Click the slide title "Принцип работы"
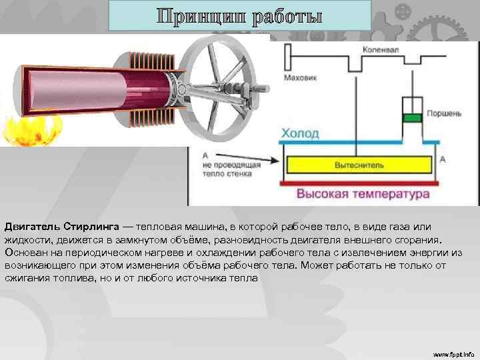point(239,15)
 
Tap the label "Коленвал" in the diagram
point(381,49)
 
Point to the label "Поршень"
point(443,113)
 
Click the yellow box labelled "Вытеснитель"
point(359,164)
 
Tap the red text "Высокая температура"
point(363,195)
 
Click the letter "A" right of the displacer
point(443,159)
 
